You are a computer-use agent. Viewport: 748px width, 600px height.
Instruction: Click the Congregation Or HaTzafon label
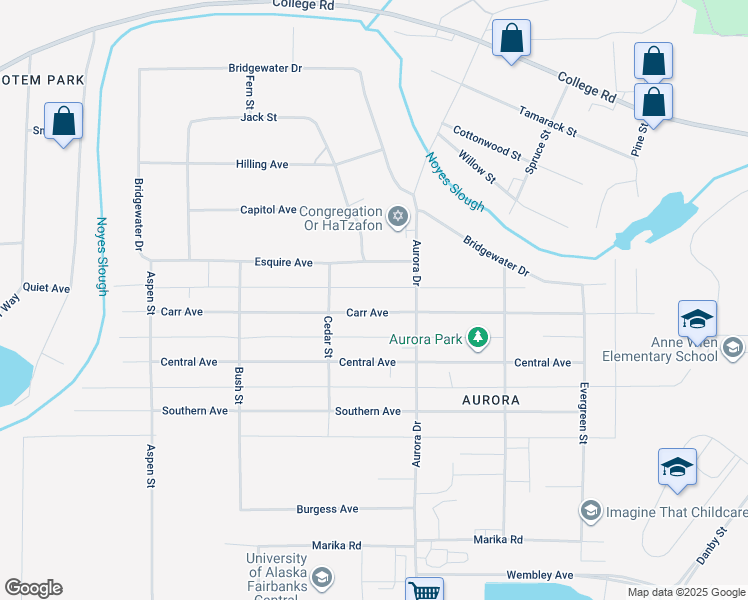341,218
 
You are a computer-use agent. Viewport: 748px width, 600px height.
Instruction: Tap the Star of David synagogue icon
398,216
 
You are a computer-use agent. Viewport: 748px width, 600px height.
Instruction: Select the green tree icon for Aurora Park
478,338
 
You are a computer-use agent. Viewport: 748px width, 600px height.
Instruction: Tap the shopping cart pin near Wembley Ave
424,590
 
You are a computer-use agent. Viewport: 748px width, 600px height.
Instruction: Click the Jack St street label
258,117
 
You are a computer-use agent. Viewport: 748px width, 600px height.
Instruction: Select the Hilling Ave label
262,164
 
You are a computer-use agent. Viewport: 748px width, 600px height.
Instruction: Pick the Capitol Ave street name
268,210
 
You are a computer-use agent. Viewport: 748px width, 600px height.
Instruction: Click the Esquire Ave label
283,263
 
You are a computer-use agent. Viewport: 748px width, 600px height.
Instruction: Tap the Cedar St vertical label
327,336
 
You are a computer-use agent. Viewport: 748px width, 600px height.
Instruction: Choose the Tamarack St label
547,122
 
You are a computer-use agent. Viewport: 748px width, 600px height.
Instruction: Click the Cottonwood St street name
487,143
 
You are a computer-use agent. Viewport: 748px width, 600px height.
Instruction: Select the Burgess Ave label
327,509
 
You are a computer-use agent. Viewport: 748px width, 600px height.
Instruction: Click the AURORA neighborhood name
491,400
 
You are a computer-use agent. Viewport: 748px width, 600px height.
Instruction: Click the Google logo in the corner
33,588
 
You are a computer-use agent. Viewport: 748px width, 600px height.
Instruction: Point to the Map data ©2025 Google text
685,592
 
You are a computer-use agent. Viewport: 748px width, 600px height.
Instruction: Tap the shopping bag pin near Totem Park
63,122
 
